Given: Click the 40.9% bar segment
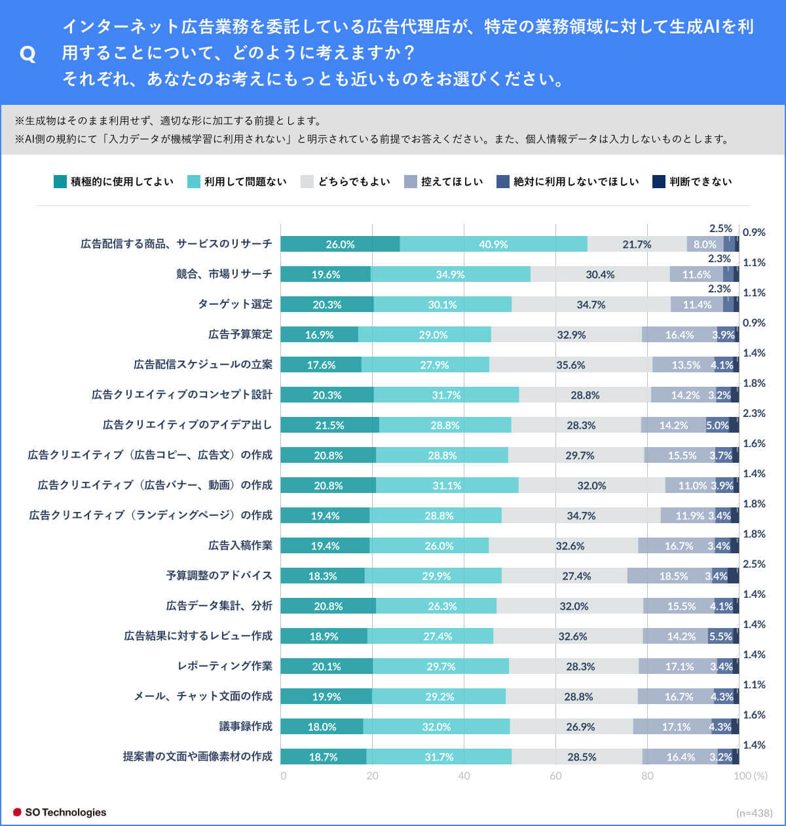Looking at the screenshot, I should click(493, 244).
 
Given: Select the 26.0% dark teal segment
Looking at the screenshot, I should click(340, 244).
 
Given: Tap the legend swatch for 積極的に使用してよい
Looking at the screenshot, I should click(60, 182).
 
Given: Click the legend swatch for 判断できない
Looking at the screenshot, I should click(659, 182).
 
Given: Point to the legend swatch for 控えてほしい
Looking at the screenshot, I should click(411, 182).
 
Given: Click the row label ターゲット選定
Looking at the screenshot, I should click(235, 304).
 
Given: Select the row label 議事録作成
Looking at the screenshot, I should click(246, 726).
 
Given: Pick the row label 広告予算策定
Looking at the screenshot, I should click(240, 334).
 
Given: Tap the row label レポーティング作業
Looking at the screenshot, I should click(225, 666).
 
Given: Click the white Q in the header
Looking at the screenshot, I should click(28, 54).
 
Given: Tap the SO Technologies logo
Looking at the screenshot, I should click(60, 812).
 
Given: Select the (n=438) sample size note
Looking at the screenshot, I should click(755, 812).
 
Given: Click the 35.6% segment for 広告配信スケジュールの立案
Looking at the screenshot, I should click(571, 364).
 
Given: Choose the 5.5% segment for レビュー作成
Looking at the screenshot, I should click(720, 636).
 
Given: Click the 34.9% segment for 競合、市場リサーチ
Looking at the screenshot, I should click(451, 274).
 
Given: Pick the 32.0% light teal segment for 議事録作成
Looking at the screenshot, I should click(436, 726).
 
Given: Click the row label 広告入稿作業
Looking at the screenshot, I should click(240, 545).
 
